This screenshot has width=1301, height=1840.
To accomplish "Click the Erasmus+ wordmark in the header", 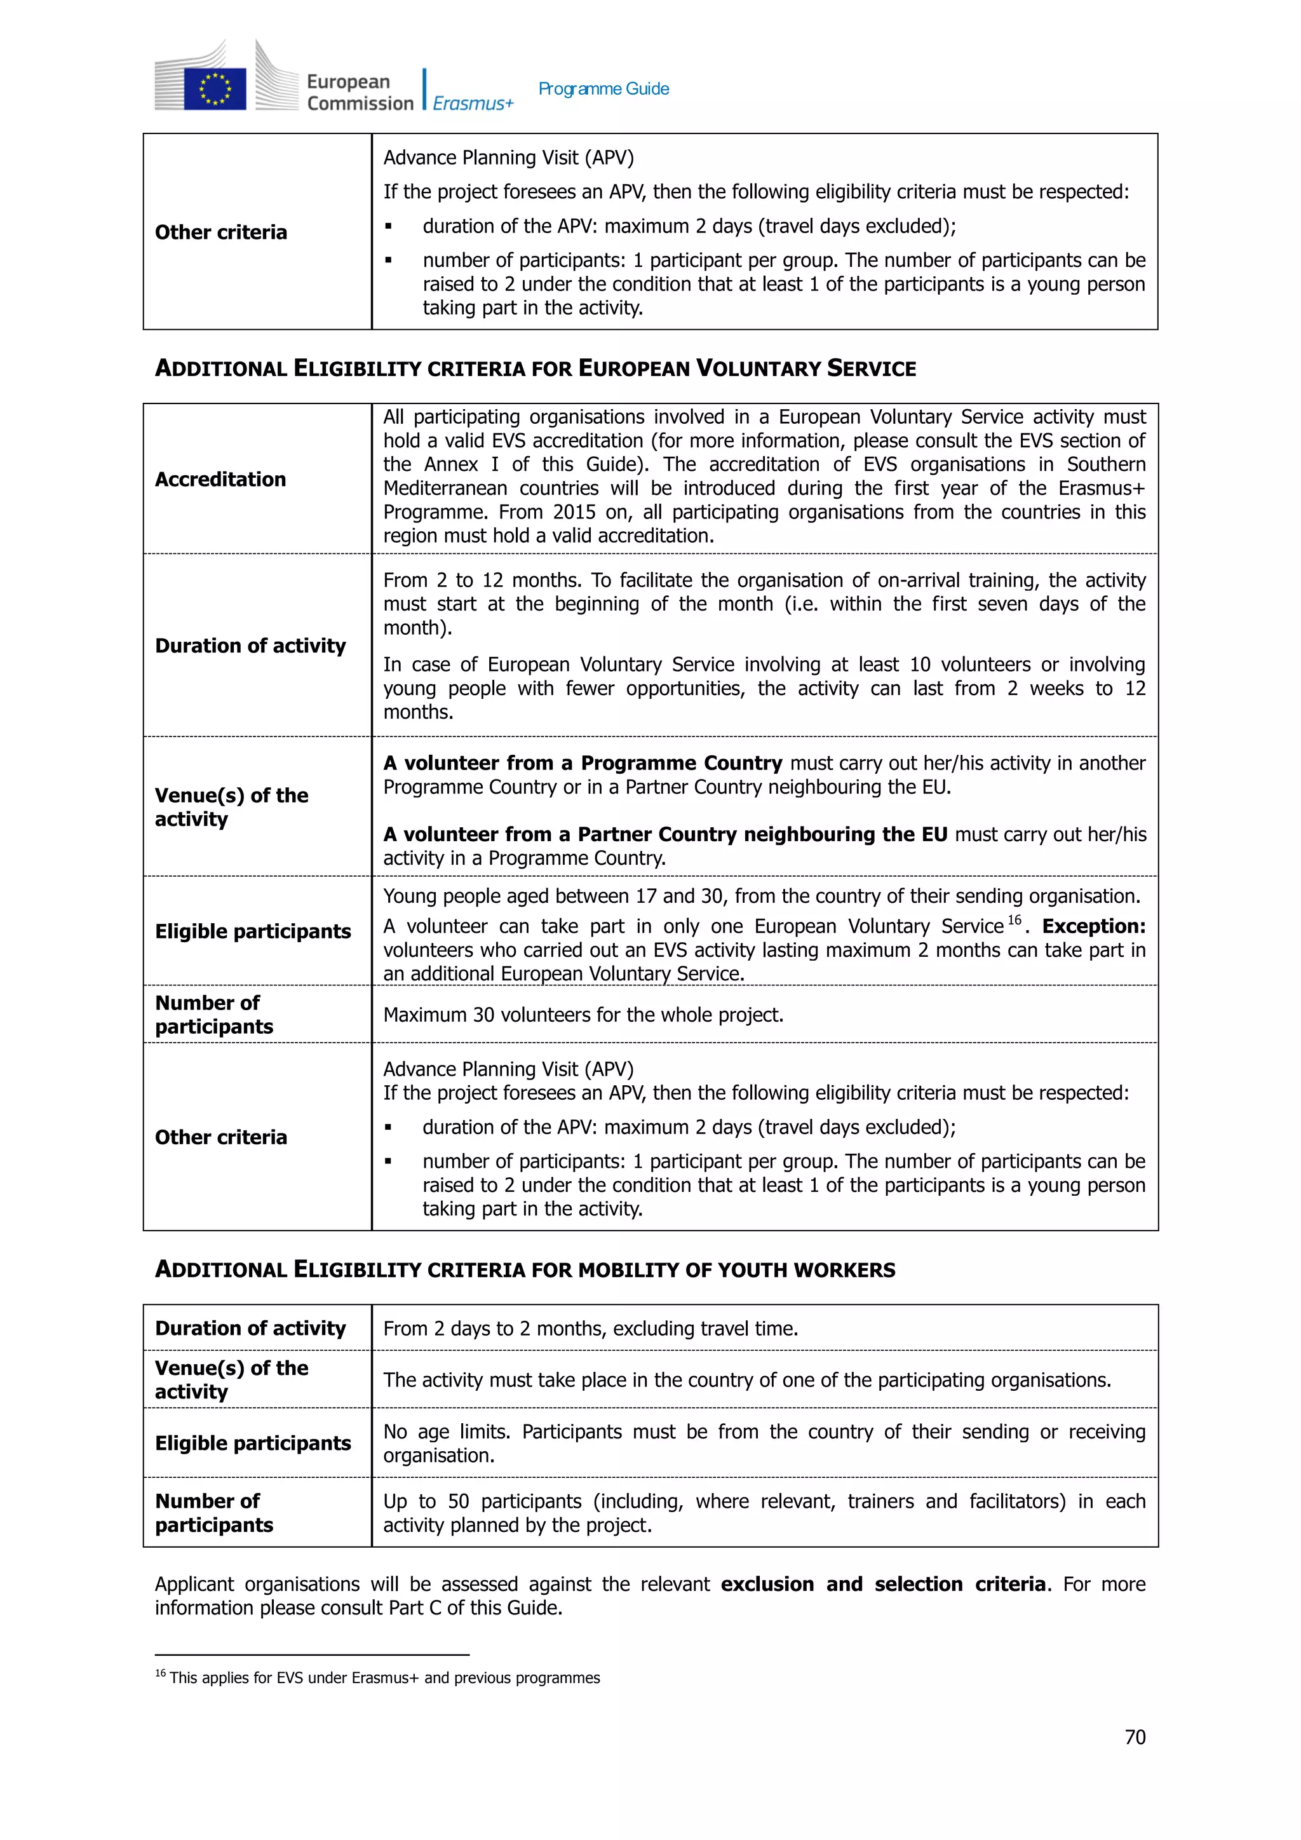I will click(x=473, y=104).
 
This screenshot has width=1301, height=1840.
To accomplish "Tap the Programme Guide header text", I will click(x=603, y=89).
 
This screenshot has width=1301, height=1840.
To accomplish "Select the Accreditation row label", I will click(x=220, y=479).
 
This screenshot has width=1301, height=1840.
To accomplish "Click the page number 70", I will click(x=1135, y=1736).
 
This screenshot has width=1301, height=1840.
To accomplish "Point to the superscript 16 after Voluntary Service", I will click(x=1015, y=920).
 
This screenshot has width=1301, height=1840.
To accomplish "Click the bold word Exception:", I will click(x=1093, y=926).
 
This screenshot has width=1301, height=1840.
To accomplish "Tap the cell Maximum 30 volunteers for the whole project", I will click(x=583, y=1015).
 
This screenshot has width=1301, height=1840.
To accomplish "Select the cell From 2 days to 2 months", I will click(x=590, y=1328).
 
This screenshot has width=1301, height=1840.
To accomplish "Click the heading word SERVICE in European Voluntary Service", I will click(x=871, y=369).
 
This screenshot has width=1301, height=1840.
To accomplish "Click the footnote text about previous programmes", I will click(x=384, y=1677).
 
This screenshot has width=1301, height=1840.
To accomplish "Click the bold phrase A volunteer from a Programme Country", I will click(x=583, y=763).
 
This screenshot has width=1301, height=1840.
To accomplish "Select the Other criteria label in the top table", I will click(x=220, y=233).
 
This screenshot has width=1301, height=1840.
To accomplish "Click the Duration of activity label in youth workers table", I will click(x=250, y=1328).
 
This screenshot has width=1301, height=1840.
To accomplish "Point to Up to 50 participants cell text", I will click(x=764, y=1512).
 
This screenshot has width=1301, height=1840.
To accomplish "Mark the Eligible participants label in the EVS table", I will click(x=252, y=931).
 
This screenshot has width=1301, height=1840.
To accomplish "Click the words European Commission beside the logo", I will click(x=359, y=92).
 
